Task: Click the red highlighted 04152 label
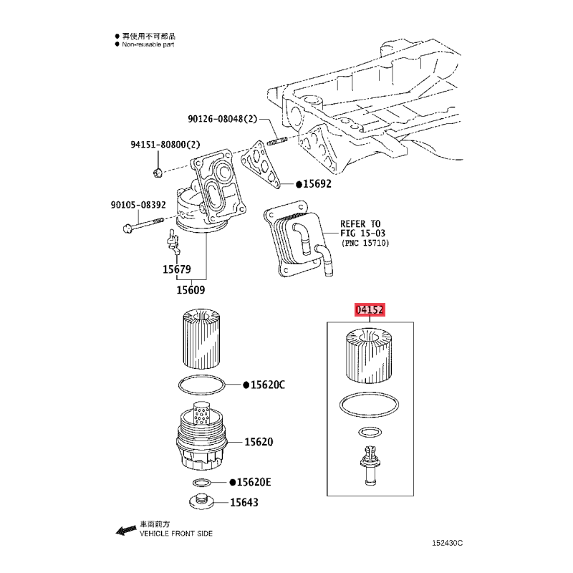370,310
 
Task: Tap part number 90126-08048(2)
223,119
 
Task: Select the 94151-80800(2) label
165,145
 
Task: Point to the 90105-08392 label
138,205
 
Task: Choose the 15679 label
176,269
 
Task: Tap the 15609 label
191,290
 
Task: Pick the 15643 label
244,503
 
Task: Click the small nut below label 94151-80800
158,173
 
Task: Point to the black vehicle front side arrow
126,530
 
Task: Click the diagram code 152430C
447,543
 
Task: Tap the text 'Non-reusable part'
148,44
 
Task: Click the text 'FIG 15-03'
362,233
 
